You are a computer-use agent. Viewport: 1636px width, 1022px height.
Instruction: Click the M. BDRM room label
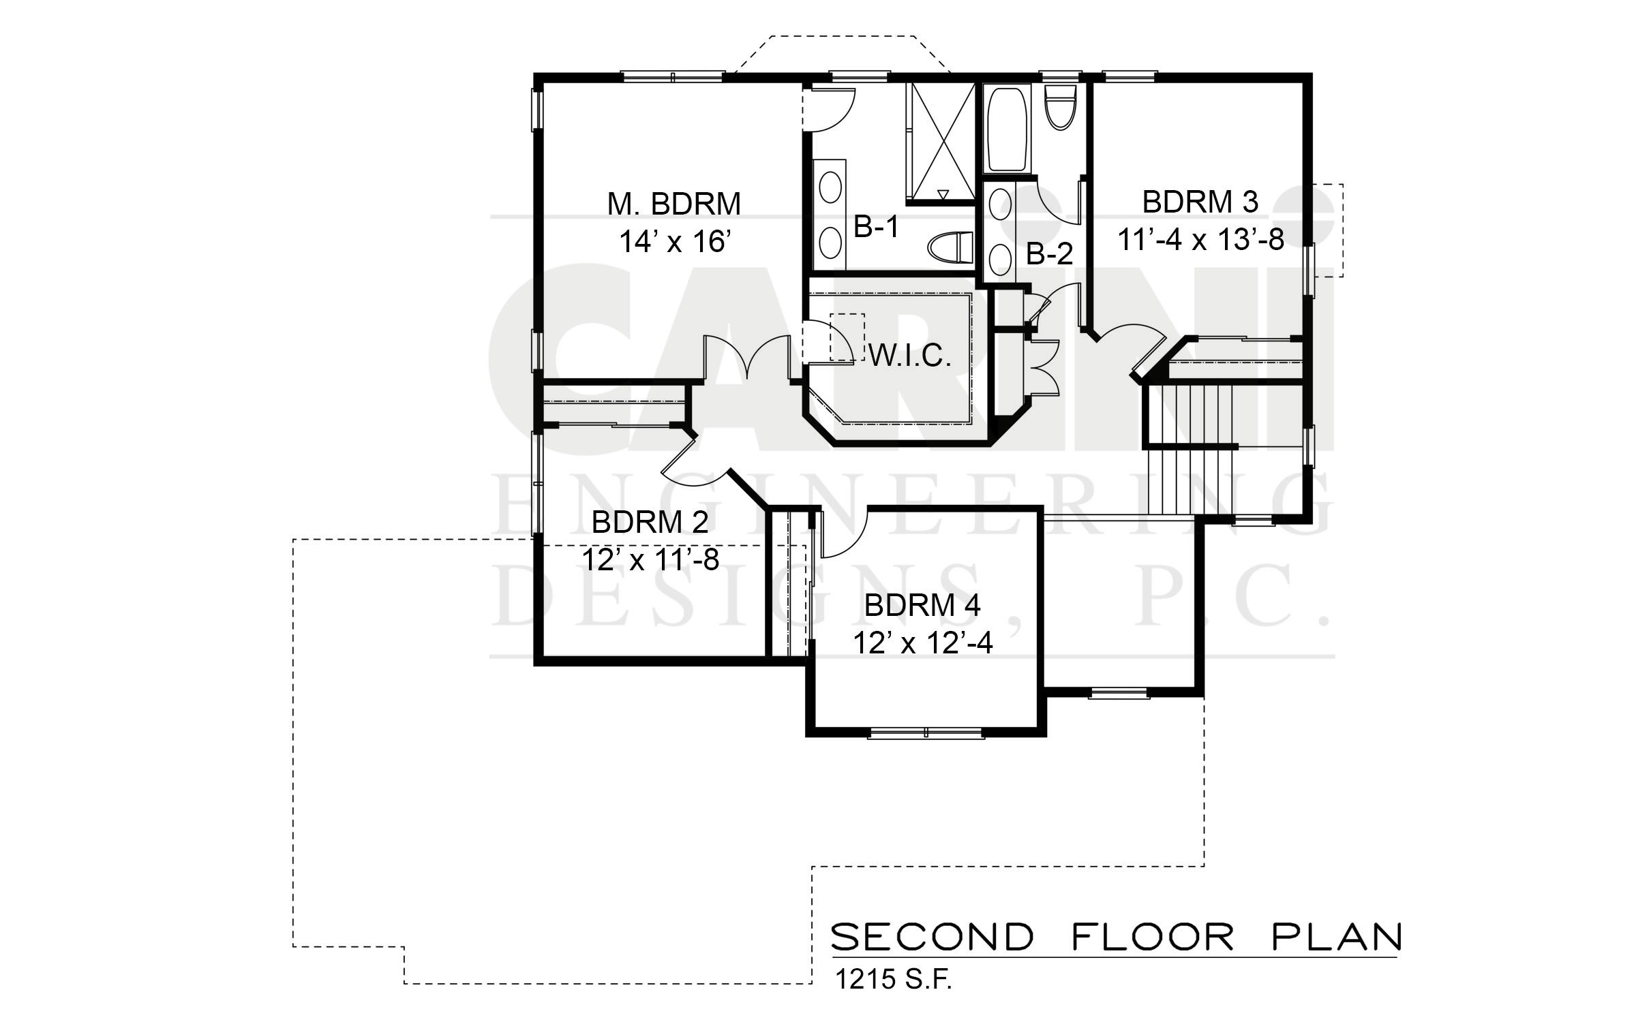673,204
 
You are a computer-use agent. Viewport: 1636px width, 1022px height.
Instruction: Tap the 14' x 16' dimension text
673,241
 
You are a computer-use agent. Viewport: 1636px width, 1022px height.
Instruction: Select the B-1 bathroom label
877,228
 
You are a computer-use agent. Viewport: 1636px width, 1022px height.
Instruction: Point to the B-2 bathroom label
1050,255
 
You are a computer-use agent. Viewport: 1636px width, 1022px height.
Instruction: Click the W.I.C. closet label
910,356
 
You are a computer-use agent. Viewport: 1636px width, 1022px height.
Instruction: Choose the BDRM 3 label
1200,202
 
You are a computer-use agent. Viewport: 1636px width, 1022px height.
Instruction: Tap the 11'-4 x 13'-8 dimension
1200,240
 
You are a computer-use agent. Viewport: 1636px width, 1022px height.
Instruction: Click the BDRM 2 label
650,523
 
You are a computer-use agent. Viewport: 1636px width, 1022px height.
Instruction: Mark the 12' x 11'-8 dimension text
650,560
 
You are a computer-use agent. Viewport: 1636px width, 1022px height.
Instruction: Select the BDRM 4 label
922,605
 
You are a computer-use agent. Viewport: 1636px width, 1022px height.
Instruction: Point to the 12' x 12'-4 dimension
922,642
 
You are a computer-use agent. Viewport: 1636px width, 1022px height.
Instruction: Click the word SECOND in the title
932,937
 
